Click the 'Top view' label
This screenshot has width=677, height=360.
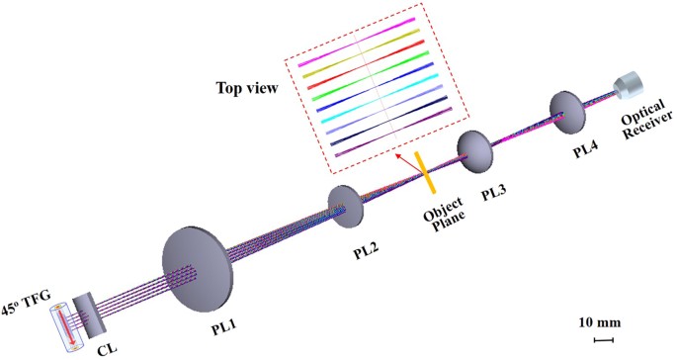[x=246, y=87]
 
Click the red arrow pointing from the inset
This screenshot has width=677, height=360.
[x=402, y=161]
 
